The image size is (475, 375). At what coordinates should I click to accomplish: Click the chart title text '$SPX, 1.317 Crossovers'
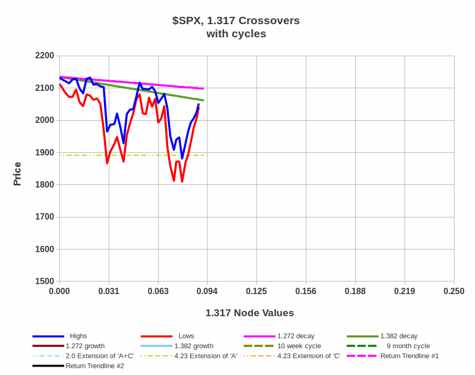click(236, 21)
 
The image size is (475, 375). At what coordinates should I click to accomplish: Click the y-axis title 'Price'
click(17, 174)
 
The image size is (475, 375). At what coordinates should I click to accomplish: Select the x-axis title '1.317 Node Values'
click(250, 313)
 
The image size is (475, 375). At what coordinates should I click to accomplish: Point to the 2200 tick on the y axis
click(44, 56)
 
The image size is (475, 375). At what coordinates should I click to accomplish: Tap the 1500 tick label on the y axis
click(44, 282)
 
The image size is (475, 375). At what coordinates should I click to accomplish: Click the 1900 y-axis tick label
click(44, 153)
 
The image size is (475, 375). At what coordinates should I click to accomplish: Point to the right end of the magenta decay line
click(203, 88)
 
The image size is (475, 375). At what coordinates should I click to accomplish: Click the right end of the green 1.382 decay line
click(203, 100)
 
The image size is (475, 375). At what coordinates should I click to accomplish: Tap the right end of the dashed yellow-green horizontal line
click(204, 155)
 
